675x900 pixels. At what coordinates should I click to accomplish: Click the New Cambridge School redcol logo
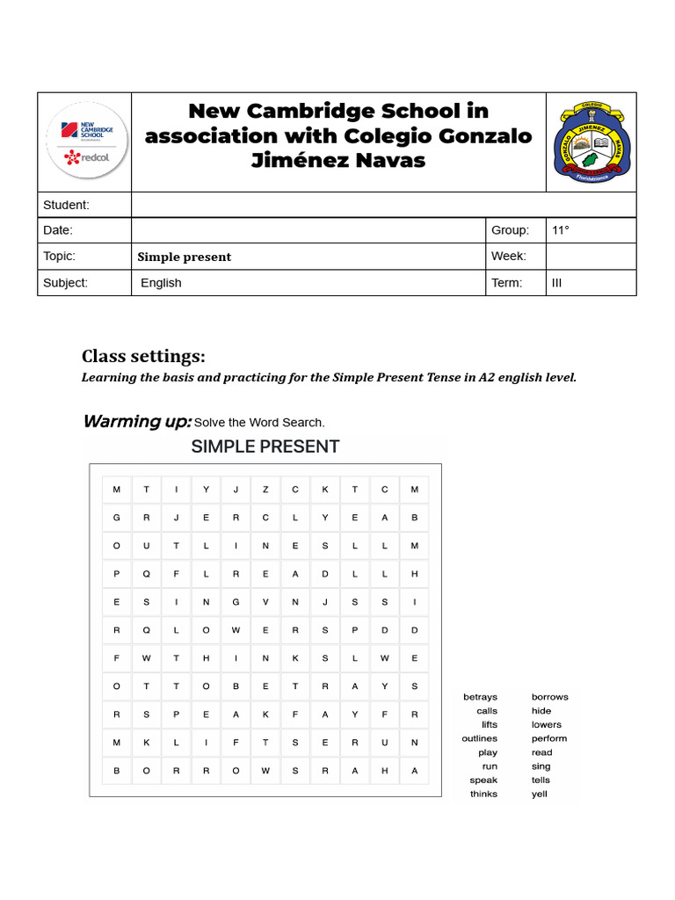(x=85, y=142)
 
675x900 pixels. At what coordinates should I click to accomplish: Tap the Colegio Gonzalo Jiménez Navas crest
(x=592, y=142)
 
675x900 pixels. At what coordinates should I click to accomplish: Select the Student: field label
(x=67, y=205)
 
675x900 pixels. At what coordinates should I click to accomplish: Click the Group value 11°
(x=561, y=230)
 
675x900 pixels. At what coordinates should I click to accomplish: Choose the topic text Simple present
(x=185, y=257)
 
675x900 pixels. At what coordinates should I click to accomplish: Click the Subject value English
(x=161, y=283)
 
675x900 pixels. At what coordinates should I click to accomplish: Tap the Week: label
(x=509, y=257)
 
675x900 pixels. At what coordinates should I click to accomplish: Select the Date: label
(x=58, y=230)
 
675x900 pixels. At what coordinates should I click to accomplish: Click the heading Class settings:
(x=143, y=356)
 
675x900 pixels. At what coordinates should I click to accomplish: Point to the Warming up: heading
(x=137, y=421)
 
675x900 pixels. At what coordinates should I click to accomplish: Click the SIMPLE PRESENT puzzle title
(x=265, y=446)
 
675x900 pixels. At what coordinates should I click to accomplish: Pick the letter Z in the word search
(x=265, y=490)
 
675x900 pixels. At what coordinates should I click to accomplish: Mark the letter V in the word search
(x=265, y=602)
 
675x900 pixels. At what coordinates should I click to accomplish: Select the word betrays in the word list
(x=480, y=697)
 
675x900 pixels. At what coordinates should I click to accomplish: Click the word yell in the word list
(x=540, y=795)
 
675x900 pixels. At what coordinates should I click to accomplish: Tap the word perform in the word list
(x=549, y=738)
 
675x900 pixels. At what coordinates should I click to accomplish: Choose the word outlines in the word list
(x=479, y=738)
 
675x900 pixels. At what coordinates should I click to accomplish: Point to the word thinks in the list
(x=483, y=795)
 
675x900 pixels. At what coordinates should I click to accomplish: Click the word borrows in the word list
(x=550, y=697)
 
